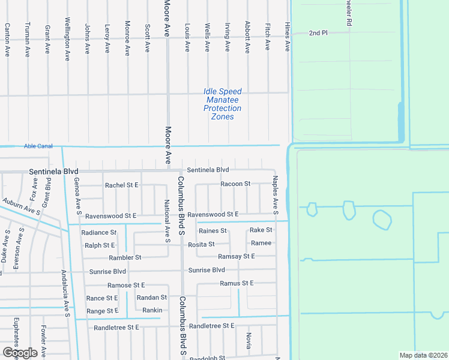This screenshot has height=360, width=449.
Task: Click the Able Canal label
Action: click(38, 146)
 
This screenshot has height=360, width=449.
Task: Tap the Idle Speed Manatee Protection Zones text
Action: click(222, 104)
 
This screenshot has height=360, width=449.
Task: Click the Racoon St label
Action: click(235, 184)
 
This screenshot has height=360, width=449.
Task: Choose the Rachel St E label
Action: click(122, 185)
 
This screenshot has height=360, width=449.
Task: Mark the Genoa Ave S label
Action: click(77, 196)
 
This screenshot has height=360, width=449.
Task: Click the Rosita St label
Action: click(202, 244)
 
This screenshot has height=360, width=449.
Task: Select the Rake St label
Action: click(261, 230)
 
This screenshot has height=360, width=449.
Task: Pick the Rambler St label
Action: click(125, 257)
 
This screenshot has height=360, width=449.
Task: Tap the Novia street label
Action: click(248, 341)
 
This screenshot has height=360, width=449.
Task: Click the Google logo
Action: click(20, 353)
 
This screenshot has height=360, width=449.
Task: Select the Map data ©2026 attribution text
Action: click(424, 355)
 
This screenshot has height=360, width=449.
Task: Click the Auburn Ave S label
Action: click(20, 208)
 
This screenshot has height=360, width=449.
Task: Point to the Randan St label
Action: click(152, 298)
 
